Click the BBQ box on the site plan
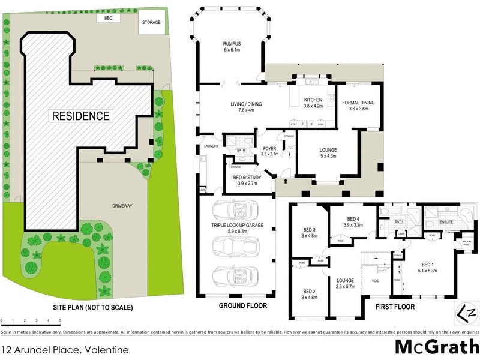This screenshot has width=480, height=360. click(x=109, y=19)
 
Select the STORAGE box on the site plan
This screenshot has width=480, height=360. click(x=151, y=22)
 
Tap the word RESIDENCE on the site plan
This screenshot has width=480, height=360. click(x=80, y=116)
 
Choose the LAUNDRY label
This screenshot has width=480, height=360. click(x=210, y=145)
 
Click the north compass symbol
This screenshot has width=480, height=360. click(x=465, y=313)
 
